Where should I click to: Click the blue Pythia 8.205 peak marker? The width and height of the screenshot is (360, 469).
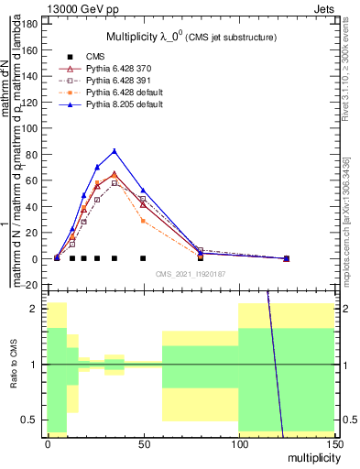pyautogui.click(x=115, y=151)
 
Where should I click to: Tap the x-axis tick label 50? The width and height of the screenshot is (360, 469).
pyautogui.click(x=143, y=444)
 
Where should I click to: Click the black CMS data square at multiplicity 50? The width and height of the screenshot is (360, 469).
pyautogui.click(x=143, y=258)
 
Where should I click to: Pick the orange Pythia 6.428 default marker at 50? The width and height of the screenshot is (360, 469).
pyautogui.click(x=143, y=221)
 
